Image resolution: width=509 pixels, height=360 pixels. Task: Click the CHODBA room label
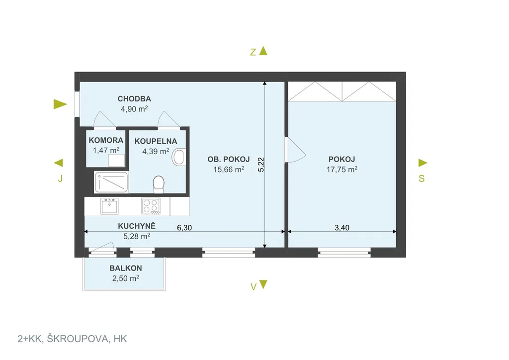tap(134, 98)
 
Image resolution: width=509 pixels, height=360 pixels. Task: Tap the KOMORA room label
tap(106, 140)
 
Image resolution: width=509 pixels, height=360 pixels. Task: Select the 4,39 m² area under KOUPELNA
tap(156, 151)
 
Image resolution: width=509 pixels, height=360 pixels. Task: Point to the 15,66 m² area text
tap(229, 169)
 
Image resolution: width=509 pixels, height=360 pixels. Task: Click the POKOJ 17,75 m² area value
tap(342, 169)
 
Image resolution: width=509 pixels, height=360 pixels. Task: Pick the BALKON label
tap(126, 268)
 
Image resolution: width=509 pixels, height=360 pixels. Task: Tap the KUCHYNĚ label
tap(137, 226)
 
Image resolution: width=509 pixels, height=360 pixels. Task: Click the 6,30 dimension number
tap(184, 228)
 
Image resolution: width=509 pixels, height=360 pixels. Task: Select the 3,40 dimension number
tap(342, 228)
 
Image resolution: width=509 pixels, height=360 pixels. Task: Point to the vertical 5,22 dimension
tap(261, 165)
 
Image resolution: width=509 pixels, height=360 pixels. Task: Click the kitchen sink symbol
tap(109, 206)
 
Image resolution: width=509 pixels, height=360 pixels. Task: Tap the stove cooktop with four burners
tap(151, 206)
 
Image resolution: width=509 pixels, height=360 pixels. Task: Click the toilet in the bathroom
tap(159, 184)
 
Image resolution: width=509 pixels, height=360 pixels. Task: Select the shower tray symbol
tap(111, 182)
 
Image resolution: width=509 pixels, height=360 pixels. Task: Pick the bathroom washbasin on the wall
tap(179, 157)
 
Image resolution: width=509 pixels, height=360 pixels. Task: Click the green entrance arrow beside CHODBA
tap(60, 104)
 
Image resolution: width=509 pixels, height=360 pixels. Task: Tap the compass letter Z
tap(253, 52)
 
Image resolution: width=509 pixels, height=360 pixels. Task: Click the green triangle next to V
tap(263, 284)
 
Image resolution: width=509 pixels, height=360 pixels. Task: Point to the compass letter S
tap(422, 179)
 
